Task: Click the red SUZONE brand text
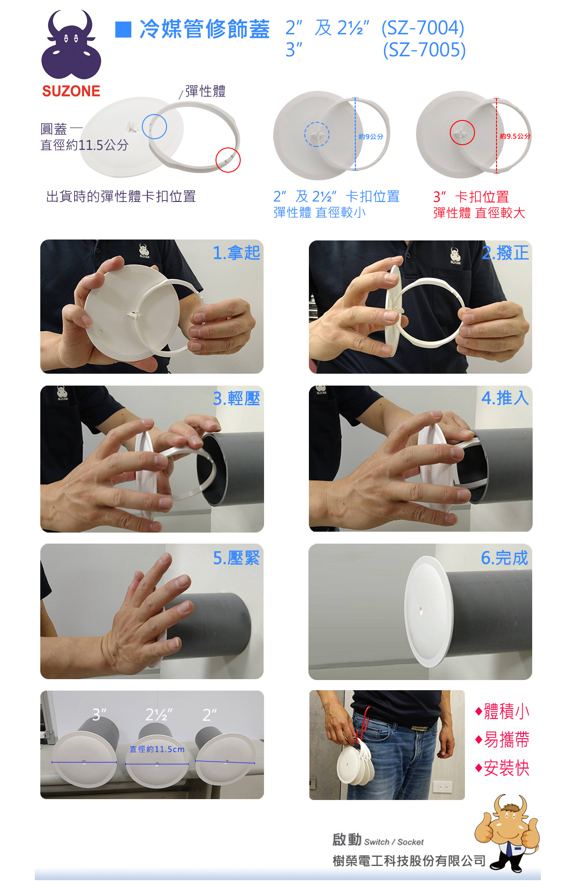pos(71,91)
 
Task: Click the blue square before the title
pos(123,29)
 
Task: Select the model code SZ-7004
pos(423,28)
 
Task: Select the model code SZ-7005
pos(424,50)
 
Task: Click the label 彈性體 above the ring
pos(205,91)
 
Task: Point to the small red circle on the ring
pos(228,160)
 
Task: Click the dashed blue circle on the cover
pos(317,134)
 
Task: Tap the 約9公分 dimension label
pos(371,136)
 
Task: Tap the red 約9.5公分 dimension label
pos(515,136)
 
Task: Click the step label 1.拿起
pos(236,252)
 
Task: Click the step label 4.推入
pos(505,397)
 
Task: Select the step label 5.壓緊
pos(236,558)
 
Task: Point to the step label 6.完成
pos(504,558)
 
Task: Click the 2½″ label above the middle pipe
pos(158,714)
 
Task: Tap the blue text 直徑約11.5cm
pos(157,749)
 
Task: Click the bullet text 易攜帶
pos(506,740)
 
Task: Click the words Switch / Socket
pos(394,842)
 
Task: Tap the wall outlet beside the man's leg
pos(442,787)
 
